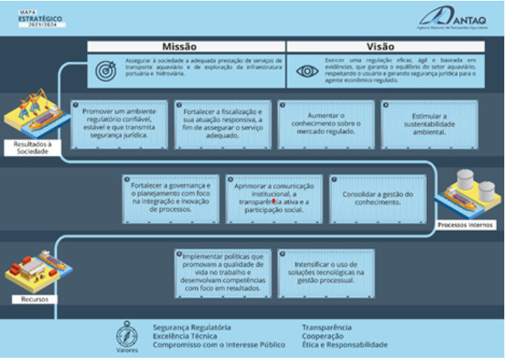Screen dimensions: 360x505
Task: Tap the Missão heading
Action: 186,46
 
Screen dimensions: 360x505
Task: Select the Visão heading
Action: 385,46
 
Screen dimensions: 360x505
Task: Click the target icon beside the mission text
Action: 107,70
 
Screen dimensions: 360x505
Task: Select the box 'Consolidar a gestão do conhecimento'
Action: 377,199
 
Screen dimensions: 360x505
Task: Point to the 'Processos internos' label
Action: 465,225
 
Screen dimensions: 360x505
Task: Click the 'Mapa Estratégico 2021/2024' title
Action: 42,18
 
